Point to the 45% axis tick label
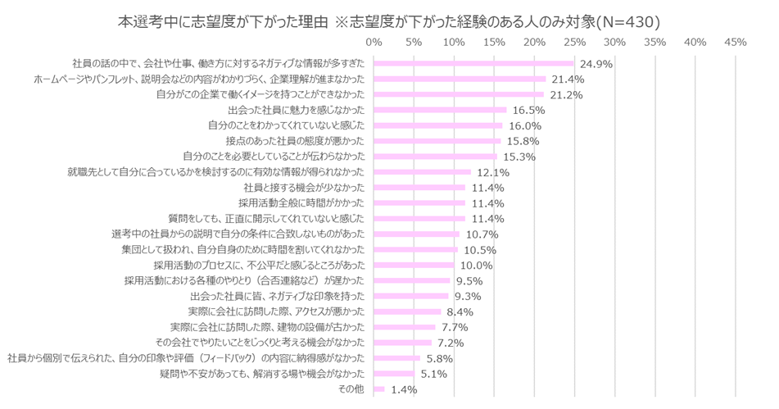[x=735, y=41]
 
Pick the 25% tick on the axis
[x=574, y=41]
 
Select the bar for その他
[x=379, y=389]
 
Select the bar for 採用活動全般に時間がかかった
[x=419, y=203]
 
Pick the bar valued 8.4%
[x=407, y=312]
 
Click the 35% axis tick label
[x=654, y=41]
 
